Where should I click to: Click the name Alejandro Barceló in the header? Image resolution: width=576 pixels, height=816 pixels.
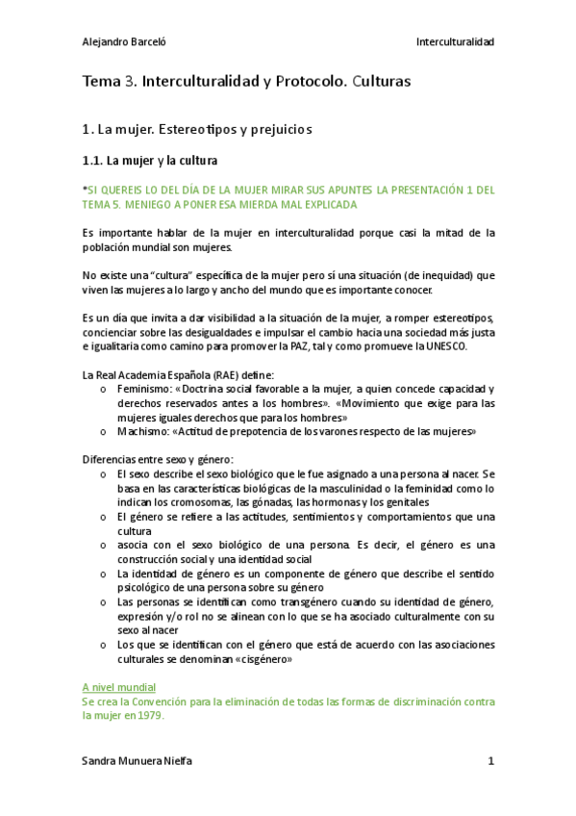click(125, 42)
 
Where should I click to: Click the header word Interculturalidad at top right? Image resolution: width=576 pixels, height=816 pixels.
click(455, 42)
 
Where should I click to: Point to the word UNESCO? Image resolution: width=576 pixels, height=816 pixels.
click(473, 345)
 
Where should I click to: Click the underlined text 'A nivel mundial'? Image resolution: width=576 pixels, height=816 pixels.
click(119, 687)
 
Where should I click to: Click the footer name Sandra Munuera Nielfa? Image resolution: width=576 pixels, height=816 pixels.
click(138, 761)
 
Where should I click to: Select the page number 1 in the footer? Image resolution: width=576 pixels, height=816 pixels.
click(490, 761)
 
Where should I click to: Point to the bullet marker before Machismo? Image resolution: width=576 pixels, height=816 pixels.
click(103, 432)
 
